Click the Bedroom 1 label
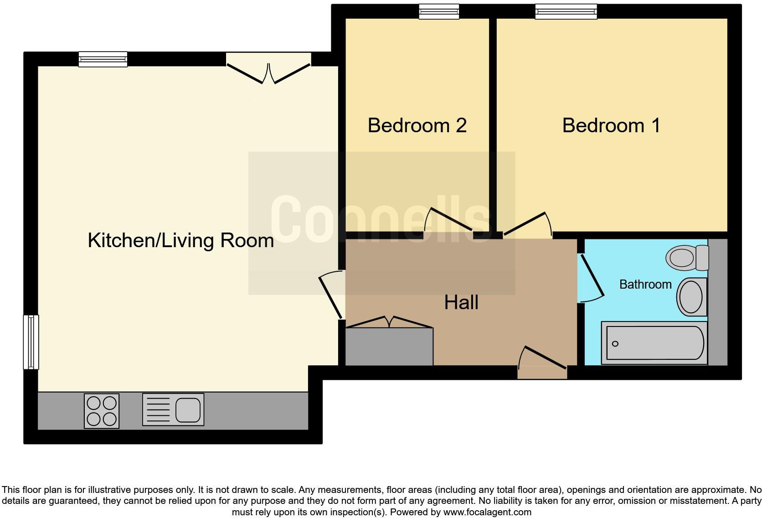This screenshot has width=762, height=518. [611, 125]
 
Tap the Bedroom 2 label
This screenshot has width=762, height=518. [417, 125]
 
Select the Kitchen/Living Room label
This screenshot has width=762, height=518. [180, 240]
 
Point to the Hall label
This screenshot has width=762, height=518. [461, 302]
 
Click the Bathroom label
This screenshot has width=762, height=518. [645, 285]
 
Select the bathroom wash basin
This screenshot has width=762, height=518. [691, 297]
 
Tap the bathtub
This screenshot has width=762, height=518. [654, 343]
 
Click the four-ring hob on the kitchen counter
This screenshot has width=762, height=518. [102, 411]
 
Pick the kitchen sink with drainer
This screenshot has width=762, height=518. [173, 410]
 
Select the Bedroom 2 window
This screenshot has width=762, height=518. [439, 12]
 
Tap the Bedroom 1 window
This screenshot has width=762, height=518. [566, 12]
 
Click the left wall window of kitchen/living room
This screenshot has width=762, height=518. [31, 342]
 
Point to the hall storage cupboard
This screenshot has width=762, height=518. [389, 346]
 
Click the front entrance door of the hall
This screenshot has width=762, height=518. [542, 365]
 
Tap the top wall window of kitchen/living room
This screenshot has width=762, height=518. [103, 59]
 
